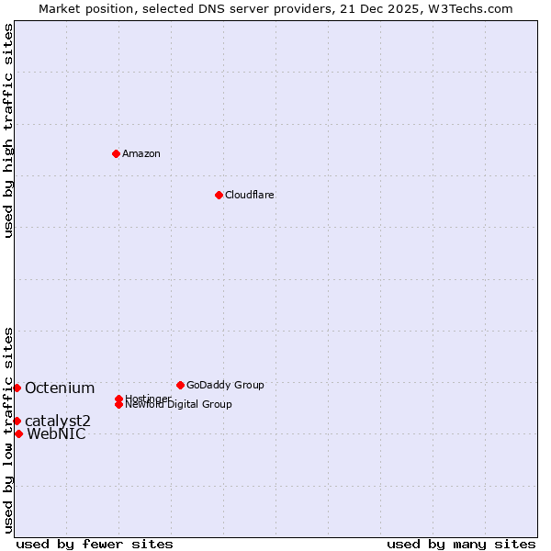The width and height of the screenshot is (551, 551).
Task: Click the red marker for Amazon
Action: coord(116,153)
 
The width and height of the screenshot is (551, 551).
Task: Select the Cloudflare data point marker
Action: coord(219,195)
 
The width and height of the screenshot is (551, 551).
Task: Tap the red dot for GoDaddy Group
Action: coord(180,385)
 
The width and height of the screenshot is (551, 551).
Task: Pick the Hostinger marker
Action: coord(118,399)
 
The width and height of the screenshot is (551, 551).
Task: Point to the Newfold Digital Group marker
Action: coord(119,404)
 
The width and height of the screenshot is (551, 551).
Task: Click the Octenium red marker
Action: coord(17,388)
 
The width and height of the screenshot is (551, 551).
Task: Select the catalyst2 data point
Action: coord(17,421)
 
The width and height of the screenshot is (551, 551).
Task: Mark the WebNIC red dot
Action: coord(18,433)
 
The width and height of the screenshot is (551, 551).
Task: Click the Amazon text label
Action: coord(141,153)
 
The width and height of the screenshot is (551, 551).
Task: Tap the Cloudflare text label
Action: coord(250,195)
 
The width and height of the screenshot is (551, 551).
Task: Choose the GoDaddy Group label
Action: coord(225,385)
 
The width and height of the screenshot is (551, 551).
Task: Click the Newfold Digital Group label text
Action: coord(179,405)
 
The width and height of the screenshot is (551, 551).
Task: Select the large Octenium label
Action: coord(60,388)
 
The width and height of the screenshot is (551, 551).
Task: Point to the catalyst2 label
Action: coord(58,421)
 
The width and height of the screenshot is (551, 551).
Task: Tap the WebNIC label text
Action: coord(57,433)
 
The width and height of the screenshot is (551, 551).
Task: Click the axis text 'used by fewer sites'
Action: coord(95,544)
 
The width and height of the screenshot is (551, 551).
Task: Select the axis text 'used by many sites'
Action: coord(461,544)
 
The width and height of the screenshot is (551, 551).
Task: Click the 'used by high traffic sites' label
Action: coord(8,130)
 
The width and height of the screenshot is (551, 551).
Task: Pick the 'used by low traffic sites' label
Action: coord(8,430)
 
